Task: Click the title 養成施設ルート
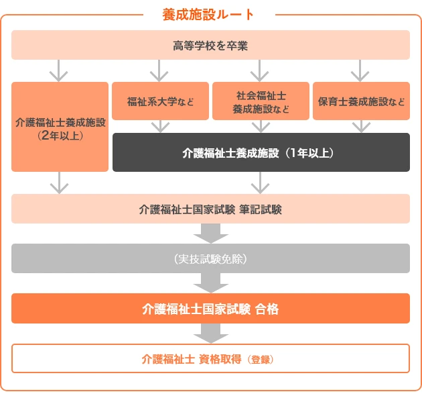coord(208,14)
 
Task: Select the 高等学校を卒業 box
coord(210,46)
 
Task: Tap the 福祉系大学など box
coord(160,102)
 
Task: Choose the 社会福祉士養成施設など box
coord(261,102)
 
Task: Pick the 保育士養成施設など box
coord(361,102)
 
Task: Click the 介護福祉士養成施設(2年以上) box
coord(60,128)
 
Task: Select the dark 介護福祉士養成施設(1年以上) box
coord(261,152)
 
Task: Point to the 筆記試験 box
coord(210,209)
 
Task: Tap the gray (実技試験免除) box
coord(210,258)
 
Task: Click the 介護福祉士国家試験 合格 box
coord(210,309)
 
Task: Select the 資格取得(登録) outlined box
coord(210,358)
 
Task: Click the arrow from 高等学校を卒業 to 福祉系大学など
coord(159,70)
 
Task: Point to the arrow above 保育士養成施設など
coord(360,70)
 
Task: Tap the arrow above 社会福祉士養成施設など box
coord(260,70)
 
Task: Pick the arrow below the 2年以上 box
coord(60,183)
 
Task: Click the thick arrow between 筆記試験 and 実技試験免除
coord(210,233)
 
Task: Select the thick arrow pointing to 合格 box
coord(210,283)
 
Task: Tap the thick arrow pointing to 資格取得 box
coord(210,334)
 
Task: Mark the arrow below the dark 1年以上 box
coord(260,183)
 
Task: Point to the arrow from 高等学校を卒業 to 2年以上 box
coord(60,70)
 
